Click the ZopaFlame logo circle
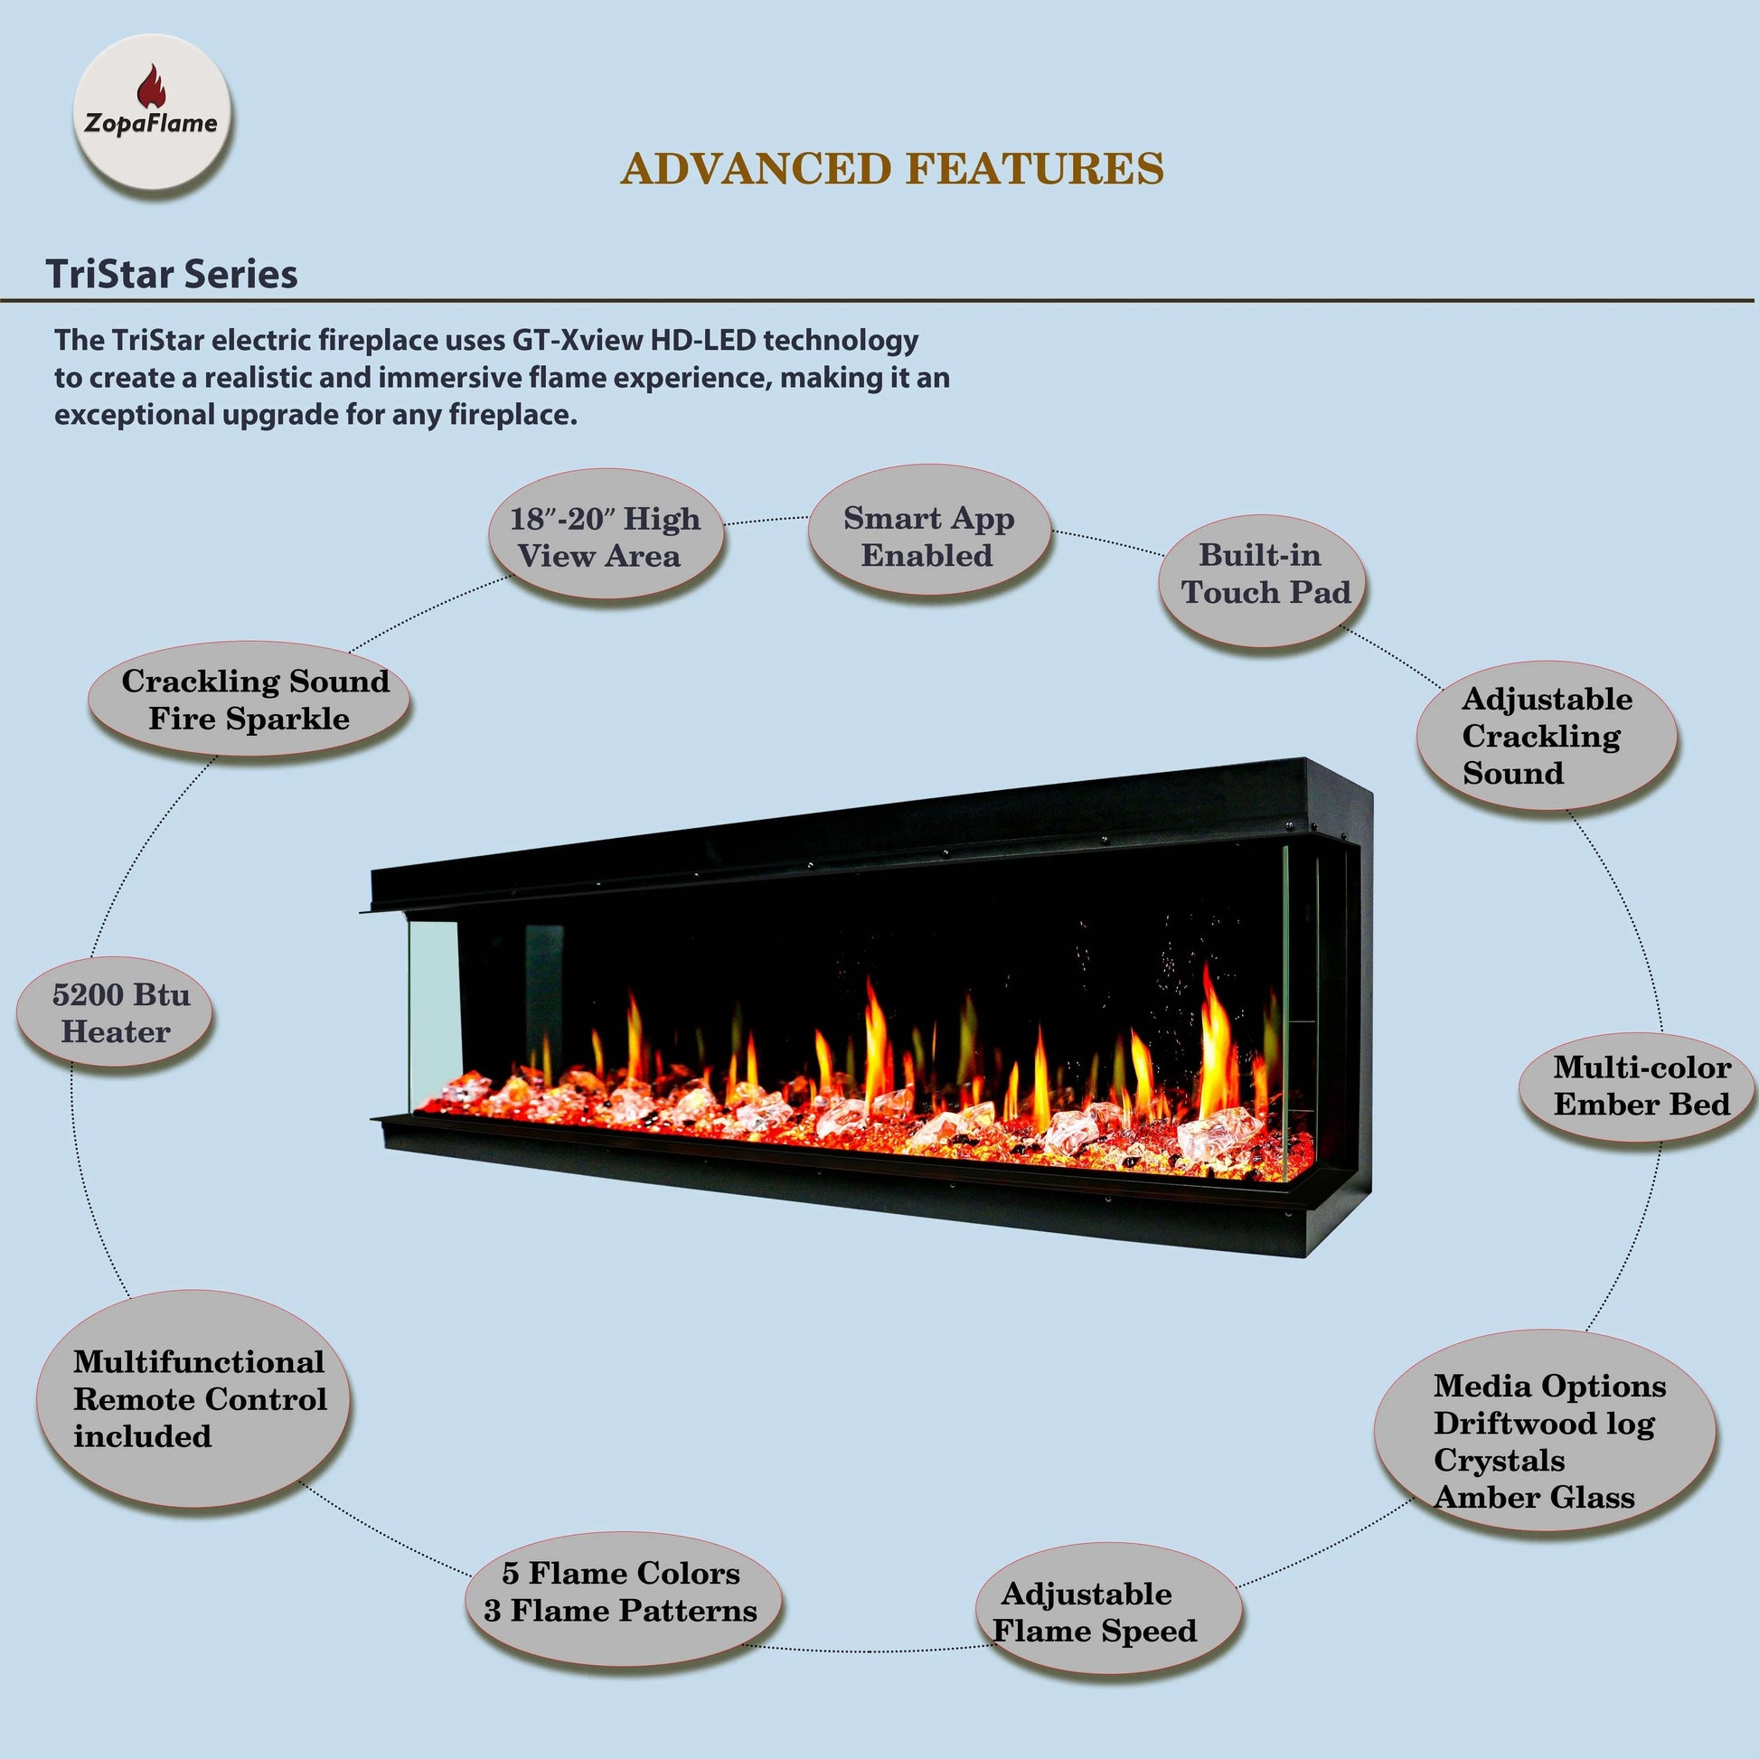[152, 112]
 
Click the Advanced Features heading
[891, 169]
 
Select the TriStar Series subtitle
[171, 274]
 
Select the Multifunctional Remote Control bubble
[196, 1398]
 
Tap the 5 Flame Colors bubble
[622, 1592]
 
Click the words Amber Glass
[1534, 1497]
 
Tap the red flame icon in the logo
[151, 86]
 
